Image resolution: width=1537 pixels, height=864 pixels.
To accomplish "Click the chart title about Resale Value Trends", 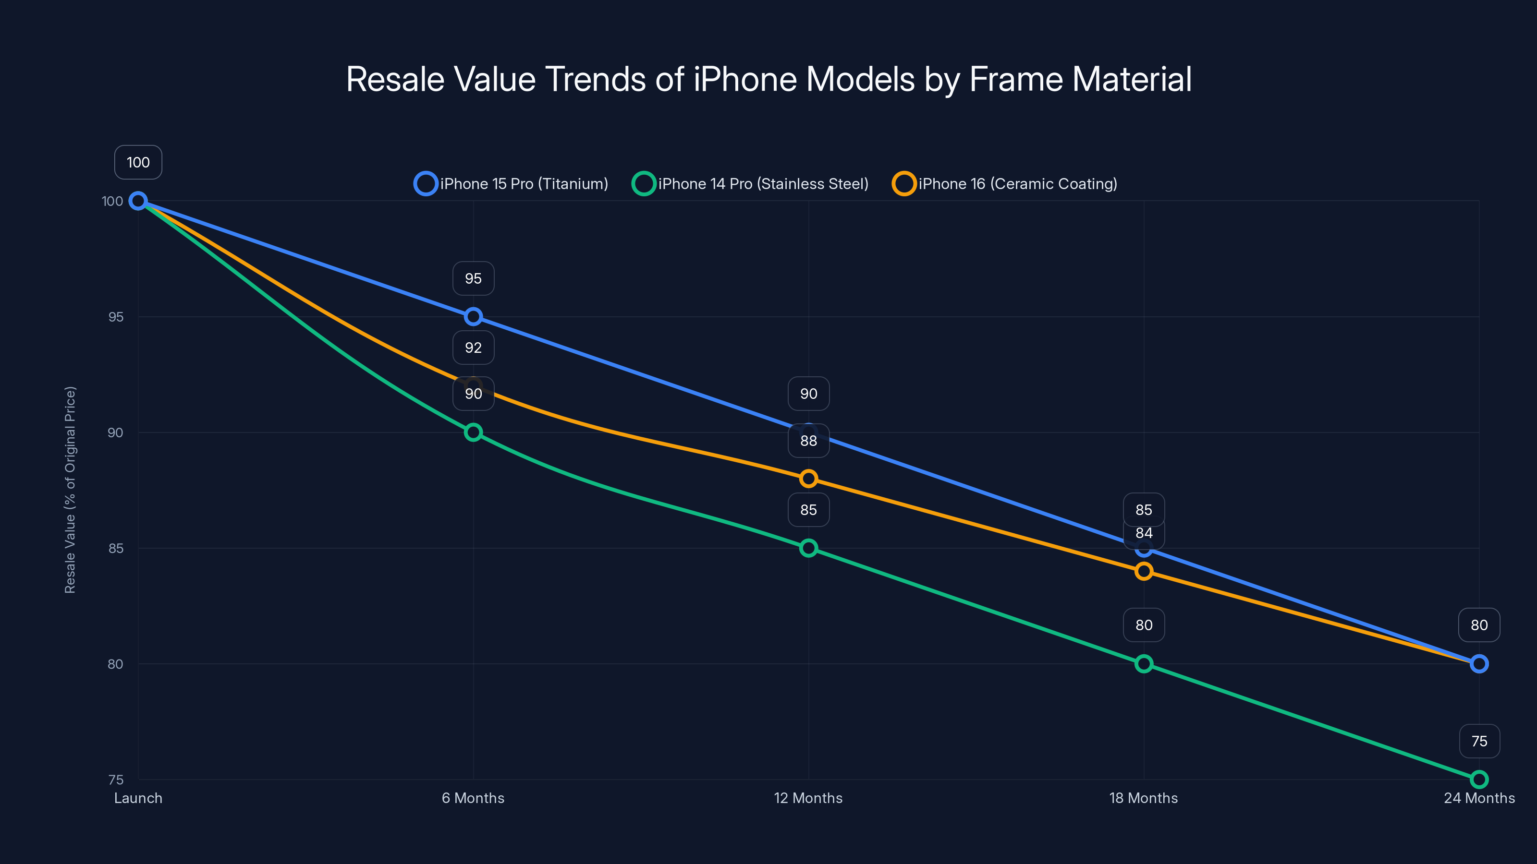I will (768, 79).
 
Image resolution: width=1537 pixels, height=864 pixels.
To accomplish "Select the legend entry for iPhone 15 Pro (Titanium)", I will (512, 184).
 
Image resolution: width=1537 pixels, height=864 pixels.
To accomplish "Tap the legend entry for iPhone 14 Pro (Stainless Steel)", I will (751, 184).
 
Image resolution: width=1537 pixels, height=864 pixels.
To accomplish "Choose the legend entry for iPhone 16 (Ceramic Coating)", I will (1005, 184).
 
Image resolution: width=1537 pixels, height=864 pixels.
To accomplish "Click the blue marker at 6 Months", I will (473, 317).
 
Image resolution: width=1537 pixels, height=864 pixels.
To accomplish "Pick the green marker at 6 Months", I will (473, 432).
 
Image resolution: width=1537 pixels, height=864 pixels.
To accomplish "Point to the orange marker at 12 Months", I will (808, 478).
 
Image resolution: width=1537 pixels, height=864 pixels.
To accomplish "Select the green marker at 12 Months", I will (808, 548).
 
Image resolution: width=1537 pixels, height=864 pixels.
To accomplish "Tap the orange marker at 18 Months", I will (1144, 571).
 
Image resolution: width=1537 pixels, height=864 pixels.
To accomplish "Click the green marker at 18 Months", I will (1144, 664).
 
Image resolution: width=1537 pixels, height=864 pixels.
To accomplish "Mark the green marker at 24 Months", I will (1479, 780).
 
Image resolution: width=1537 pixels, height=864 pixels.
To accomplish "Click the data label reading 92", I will (473, 348).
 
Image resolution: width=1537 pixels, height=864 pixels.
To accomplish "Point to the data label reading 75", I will (1479, 741).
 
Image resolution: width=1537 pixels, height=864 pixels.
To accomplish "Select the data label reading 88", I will (808, 441).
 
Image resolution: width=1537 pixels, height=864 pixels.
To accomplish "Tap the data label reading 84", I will (1144, 534).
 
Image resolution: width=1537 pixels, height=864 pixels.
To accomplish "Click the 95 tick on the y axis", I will (116, 317).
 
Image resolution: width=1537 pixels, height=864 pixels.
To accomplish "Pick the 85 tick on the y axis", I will (116, 548).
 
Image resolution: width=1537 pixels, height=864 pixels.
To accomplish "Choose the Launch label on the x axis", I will (138, 798).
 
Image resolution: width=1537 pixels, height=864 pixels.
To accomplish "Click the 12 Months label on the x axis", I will (808, 798).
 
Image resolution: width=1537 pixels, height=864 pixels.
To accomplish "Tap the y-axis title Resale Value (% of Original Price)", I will (71, 490).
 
